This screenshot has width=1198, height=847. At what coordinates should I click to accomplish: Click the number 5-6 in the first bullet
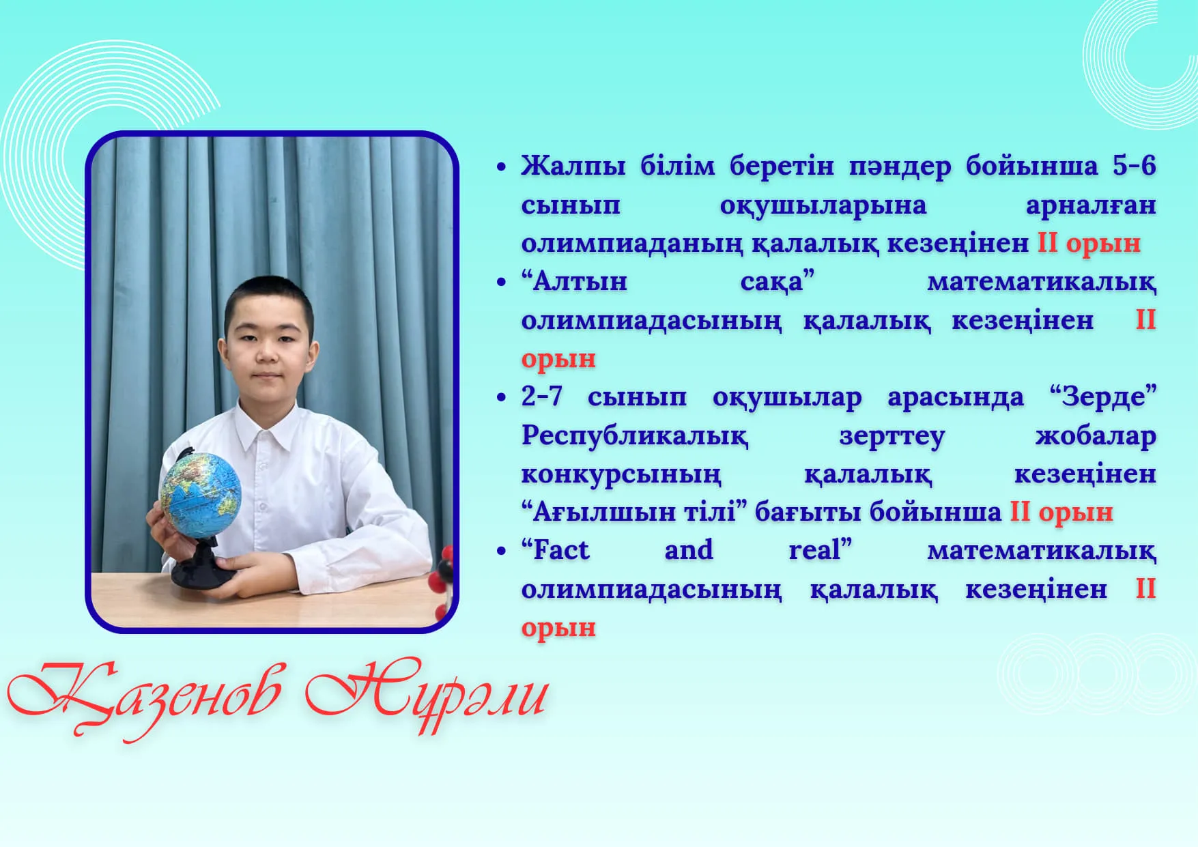[1134, 166]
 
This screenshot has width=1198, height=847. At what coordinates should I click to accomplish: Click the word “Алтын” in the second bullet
[574, 281]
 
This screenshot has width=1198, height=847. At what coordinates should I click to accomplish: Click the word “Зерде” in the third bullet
[1103, 397]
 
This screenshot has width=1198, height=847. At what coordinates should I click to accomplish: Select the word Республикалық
[635, 436]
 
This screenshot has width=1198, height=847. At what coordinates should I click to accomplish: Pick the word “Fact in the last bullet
[555, 550]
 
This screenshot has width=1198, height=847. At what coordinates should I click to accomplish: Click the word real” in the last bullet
[821, 550]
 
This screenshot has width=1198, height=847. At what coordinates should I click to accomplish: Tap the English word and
[689, 550]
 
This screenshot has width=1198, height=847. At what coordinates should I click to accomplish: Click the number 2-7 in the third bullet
[542, 397]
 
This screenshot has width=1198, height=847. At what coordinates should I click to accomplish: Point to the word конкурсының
[621, 475]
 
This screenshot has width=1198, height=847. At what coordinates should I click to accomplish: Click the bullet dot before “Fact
[502, 551]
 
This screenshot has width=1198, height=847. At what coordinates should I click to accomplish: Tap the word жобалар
[1096, 435]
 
